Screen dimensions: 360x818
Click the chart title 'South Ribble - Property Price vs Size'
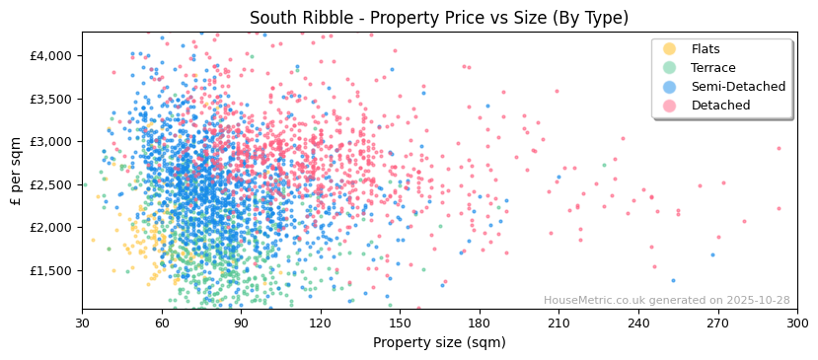[x=438, y=18]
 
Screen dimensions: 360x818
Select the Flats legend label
[x=705, y=49]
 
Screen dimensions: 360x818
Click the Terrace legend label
[x=712, y=68]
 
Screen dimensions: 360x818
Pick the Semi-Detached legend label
[x=738, y=87]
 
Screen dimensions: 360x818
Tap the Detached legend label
[x=720, y=106]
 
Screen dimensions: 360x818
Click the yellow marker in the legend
[x=670, y=49]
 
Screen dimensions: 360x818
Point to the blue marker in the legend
[x=670, y=87]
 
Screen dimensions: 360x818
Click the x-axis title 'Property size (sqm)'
[x=439, y=343]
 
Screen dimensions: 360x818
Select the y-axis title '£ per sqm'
[x=17, y=171]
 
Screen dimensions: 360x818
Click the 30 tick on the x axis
[x=82, y=323]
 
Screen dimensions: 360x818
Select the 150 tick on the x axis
[x=400, y=323]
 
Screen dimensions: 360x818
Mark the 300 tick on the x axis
[x=797, y=323]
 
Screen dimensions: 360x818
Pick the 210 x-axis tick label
[x=558, y=323]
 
